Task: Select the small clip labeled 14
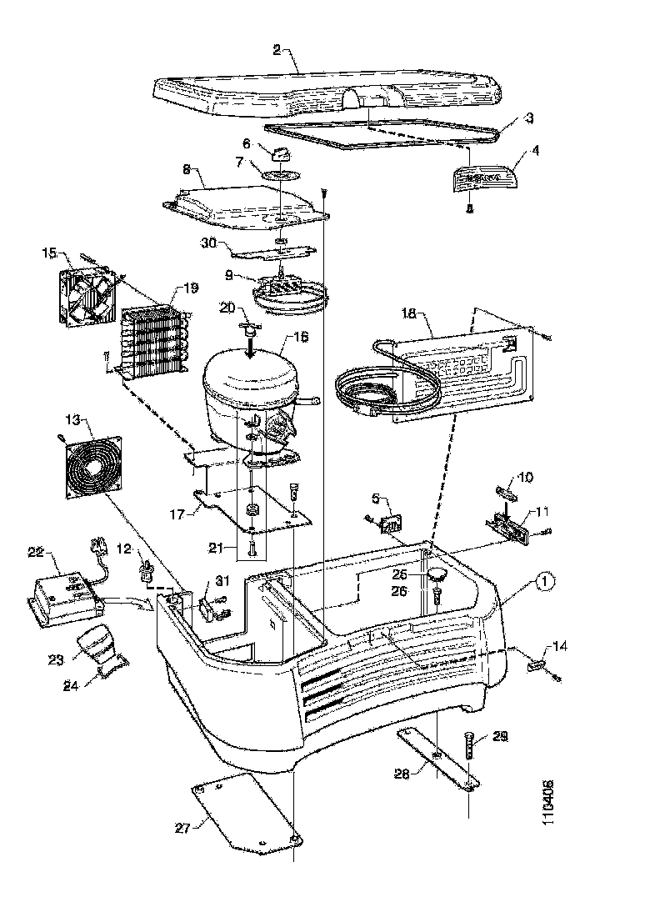tap(537, 665)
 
